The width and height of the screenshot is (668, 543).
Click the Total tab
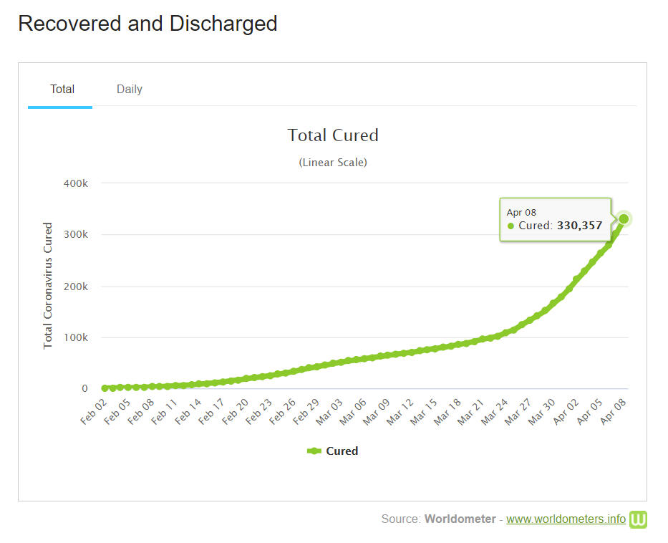coord(62,90)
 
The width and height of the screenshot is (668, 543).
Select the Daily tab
coord(130,90)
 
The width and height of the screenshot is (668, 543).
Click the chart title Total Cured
coord(333,135)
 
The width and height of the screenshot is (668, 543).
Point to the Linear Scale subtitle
coord(333,163)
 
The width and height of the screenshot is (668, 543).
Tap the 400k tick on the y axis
coord(75,183)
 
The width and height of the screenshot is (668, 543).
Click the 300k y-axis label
coord(75,235)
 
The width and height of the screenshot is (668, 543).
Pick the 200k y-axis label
coord(75,287)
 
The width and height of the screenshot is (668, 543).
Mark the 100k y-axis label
coord(75,337)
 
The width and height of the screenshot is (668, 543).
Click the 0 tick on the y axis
coord(84,389)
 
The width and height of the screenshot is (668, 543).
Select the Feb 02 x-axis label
coord(95,413)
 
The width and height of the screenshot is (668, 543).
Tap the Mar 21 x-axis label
coord(472,413)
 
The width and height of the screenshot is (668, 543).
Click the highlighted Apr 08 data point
coord(624,218)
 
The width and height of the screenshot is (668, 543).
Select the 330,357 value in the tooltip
coord(580,226)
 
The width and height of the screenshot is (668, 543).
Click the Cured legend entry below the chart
coord(333,451)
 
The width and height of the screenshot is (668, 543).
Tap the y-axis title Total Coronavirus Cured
coord(48,286)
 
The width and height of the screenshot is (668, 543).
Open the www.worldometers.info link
coord(566,519)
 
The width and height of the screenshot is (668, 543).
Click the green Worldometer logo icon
coord(638,519)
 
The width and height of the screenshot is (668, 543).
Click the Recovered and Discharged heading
coord(147,24)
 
